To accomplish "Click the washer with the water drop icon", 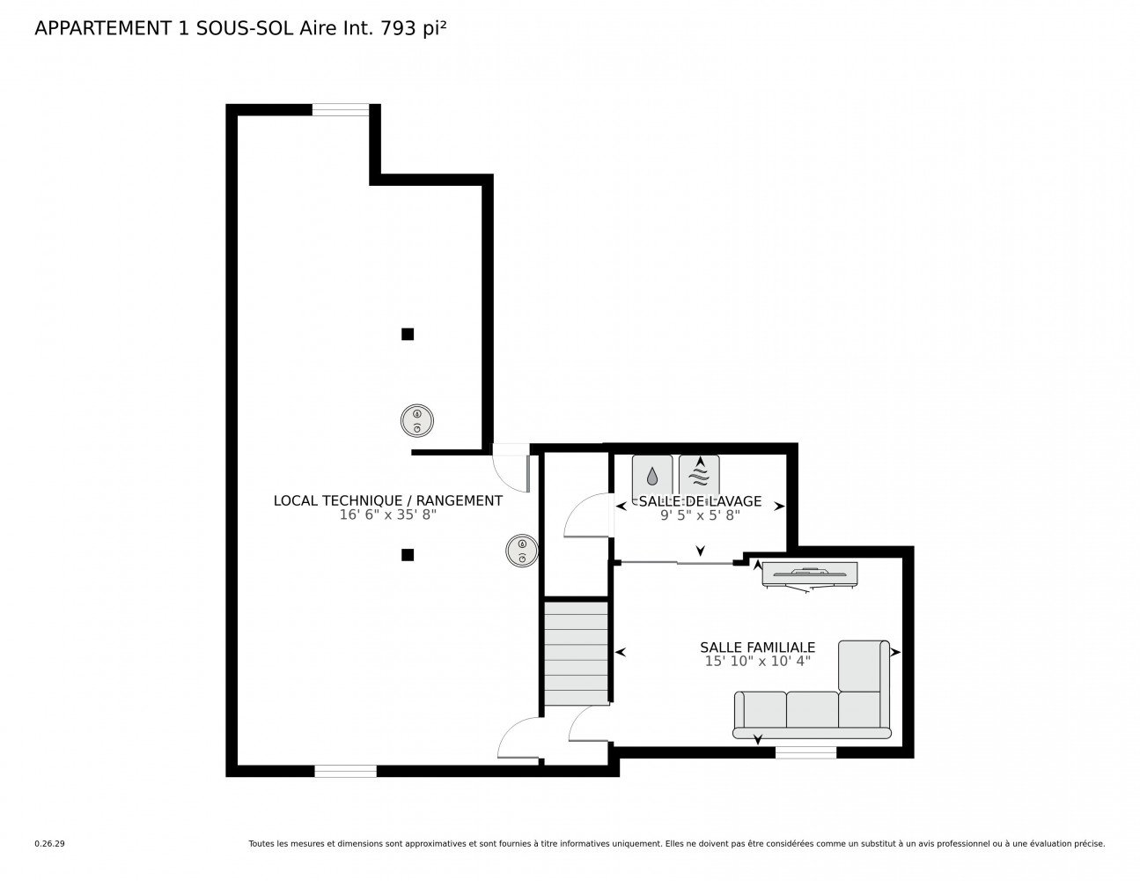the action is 651,475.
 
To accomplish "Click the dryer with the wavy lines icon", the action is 699,475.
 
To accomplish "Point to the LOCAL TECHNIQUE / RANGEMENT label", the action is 387,501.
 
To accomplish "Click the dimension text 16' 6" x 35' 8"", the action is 387,515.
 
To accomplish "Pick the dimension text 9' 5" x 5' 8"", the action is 700,515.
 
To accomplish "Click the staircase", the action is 576,653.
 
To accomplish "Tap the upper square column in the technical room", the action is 408,334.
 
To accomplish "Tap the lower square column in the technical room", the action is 408,555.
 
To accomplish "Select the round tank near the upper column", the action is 417,420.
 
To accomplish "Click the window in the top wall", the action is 341,110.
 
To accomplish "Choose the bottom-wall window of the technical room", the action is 346,771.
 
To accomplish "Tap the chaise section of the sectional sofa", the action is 864,665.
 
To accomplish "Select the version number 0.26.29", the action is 50,844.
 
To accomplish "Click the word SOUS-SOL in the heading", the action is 245,29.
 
